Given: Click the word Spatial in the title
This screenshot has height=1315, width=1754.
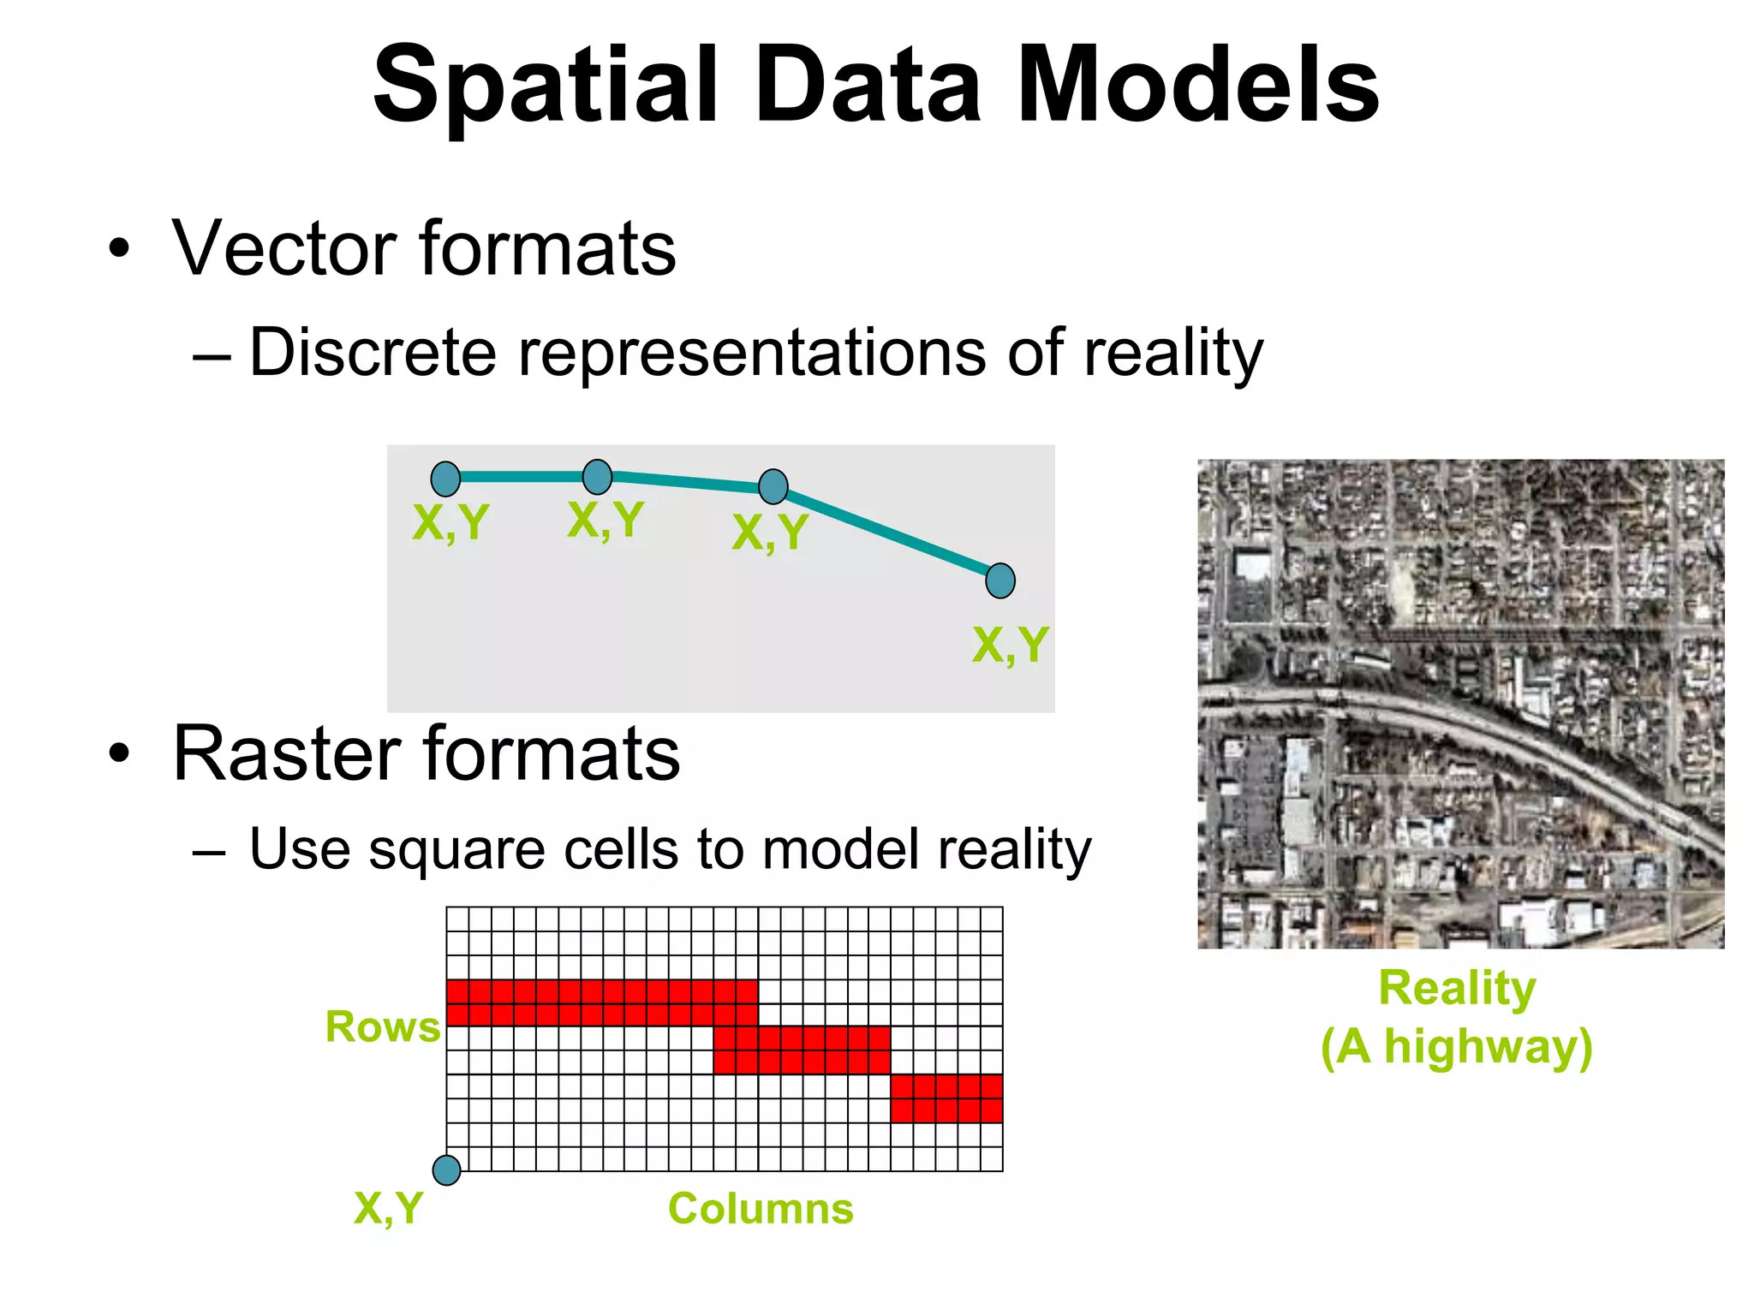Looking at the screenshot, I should point(545,86).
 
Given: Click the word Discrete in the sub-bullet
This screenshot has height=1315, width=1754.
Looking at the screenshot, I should point(373,352).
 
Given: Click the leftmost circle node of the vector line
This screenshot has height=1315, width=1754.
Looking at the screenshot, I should point(445,479).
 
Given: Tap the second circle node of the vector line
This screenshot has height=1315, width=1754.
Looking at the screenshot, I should point(597,476).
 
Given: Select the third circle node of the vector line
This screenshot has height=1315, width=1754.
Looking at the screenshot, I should point(773,486).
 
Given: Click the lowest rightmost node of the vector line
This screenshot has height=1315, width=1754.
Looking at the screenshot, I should point(999,580).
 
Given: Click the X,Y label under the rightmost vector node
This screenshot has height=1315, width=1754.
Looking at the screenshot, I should point(1010,645).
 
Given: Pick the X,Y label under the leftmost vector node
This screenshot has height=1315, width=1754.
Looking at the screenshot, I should point(450,521).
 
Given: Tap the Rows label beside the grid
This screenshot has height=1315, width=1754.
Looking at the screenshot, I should point(382,1026).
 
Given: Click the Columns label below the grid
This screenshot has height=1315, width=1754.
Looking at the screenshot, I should point(761,1209).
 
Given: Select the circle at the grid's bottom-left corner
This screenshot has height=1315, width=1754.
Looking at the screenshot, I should point(446,1169).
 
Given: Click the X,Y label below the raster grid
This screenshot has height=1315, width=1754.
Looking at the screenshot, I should point(388,1209).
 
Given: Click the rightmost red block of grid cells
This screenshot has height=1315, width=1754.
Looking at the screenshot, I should point(946,1098).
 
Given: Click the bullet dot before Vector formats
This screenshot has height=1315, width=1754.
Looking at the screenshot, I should point(119,249).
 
